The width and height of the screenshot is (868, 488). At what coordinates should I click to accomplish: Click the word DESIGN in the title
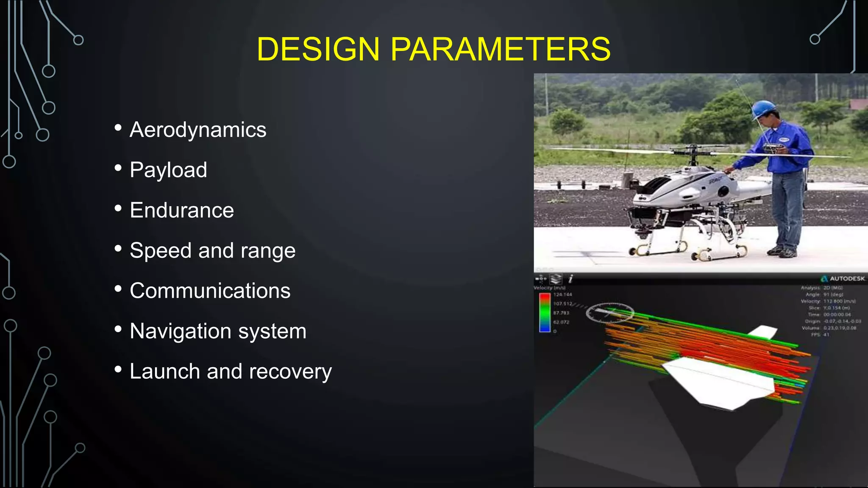tap(318, 49)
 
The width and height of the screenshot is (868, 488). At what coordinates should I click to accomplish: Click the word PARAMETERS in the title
tap(501, 49)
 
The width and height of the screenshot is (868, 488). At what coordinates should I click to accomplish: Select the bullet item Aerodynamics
tap(198, 130)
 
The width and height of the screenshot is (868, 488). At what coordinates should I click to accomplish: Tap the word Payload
tap(168, 170)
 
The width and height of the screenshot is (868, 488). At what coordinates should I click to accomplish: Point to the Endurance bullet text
tap(182, 210)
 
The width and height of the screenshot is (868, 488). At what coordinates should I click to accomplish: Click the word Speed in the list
tap(161, 250)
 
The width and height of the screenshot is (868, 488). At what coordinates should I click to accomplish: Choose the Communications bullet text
tap(210, 291)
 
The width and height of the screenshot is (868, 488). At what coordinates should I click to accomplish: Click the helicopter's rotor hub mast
tap(693, 155)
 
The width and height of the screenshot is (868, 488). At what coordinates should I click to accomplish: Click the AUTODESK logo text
tap(847, 279)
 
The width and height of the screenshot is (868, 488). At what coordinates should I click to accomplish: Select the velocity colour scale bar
tap(545, 312)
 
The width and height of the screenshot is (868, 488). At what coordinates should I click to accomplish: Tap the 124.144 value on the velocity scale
tap(562, 294)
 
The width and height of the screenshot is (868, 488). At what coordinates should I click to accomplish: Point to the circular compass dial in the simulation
tap(609, 313)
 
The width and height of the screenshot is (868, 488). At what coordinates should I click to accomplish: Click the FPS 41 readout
tap(820, 335)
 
